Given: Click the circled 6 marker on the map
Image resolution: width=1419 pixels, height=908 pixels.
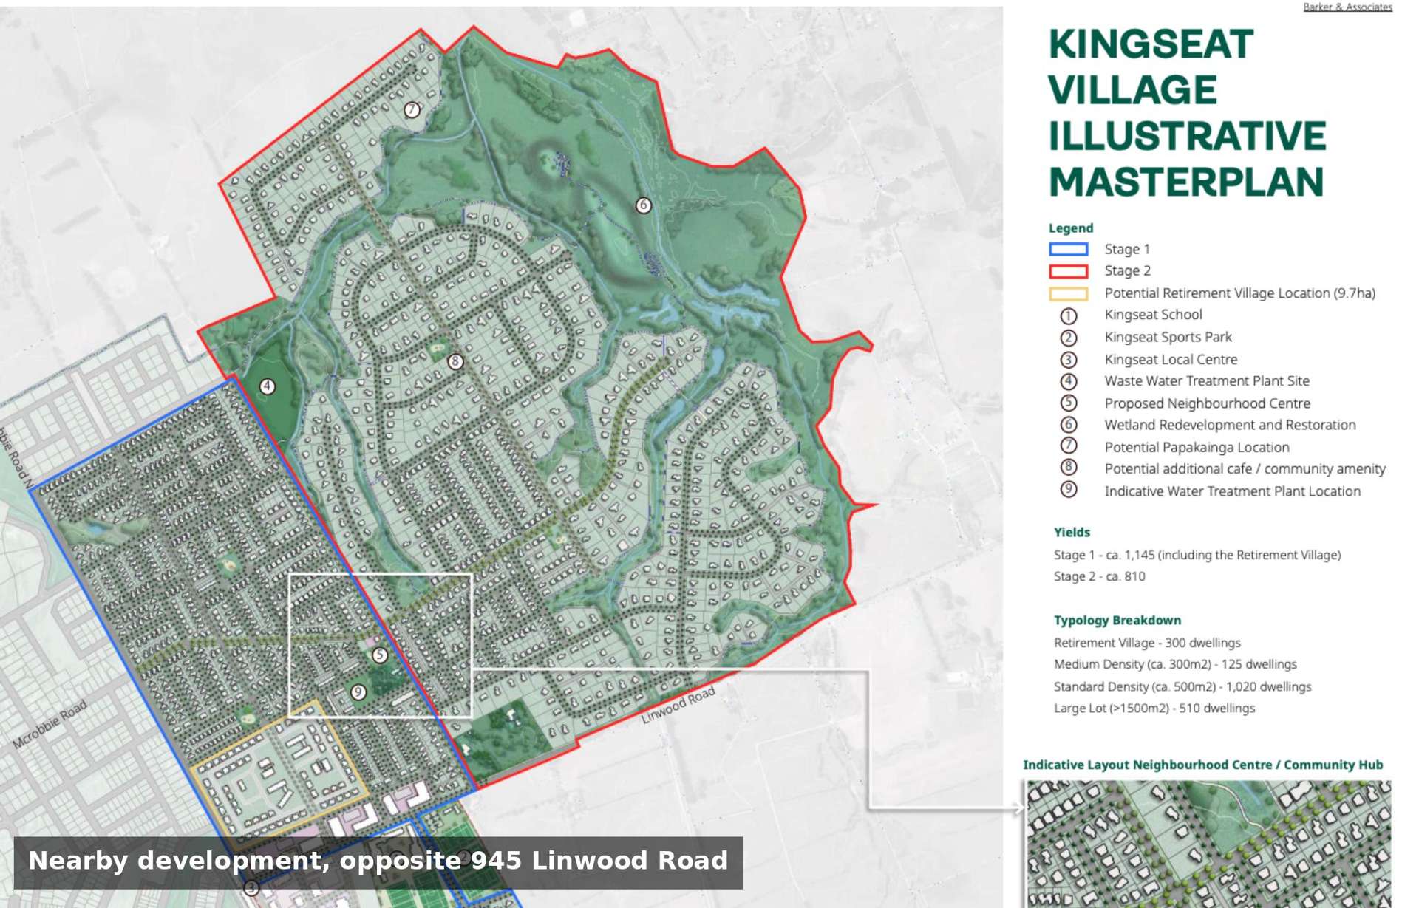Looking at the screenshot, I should [643, 205].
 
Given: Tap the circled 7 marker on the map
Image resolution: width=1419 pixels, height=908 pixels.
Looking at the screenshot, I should [412, 109].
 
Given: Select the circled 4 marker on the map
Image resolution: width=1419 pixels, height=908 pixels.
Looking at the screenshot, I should [267, 386].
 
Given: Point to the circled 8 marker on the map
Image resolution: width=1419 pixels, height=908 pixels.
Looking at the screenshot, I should [455, 361].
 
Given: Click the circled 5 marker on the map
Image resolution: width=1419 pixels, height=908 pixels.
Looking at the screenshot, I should [379, 655].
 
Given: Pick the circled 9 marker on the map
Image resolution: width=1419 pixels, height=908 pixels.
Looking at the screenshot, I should [358, 692].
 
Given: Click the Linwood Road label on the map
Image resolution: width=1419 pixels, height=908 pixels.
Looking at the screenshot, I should [678, 705].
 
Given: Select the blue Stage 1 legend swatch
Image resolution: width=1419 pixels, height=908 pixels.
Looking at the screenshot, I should [1068, 249].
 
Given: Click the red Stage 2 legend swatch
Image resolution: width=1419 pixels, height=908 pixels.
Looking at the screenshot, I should [1068, 271].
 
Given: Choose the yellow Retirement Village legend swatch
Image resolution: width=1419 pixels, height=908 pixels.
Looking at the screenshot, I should [1068, 293].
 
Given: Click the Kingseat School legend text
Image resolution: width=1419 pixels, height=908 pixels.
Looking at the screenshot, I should [1153, 315].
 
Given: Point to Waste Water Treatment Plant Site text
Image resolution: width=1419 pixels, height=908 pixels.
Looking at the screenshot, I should [1206, 380].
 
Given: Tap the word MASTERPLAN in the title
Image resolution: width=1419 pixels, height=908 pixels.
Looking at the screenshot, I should [1185, 182].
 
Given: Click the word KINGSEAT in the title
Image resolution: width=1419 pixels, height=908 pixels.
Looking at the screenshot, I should [1151, 44].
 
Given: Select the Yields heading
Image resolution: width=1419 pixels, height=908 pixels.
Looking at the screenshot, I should [1072, 532].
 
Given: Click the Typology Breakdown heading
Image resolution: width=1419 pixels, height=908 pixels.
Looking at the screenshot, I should [1117, 620].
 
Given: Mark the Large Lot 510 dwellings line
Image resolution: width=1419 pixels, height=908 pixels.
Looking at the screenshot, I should [1154, 708].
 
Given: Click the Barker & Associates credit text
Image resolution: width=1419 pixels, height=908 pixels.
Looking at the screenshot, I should [1347, 7].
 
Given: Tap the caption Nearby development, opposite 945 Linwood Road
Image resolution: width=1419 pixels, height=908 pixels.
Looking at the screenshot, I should [378, 861].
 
